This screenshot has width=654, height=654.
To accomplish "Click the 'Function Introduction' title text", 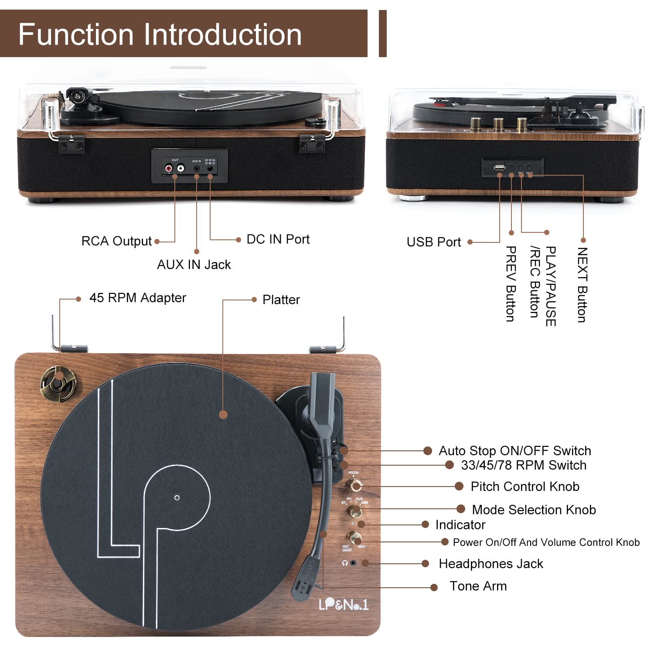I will click(x=160, y=34).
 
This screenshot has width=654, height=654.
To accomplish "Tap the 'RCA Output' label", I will click(x=116, y=241).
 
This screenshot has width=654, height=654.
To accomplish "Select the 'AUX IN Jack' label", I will click(x=194, y=265).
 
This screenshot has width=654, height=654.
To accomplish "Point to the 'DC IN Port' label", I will click(x=278, y=239).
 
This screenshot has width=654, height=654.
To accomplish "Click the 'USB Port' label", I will click(x=433, y=242).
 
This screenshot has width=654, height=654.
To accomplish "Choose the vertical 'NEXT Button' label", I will click(x=582, y=285).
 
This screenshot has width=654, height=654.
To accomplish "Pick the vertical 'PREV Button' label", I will click(x=511, y=284).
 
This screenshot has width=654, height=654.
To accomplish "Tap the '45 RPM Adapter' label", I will click(x=137, y=298).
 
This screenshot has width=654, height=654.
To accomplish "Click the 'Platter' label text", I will click(x=281, y=300).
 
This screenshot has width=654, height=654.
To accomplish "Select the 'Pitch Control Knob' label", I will click(x=525, y=487).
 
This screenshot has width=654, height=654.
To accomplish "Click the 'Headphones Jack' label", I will click(x=490, y=564).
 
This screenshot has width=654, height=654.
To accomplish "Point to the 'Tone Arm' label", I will click(x=478, y=586).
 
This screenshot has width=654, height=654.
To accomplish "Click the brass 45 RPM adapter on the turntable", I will click(x=58, y=383).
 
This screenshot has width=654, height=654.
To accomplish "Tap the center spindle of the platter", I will click(x=177, y=497).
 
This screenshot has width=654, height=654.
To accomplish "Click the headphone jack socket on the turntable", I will click(x=353, y=563).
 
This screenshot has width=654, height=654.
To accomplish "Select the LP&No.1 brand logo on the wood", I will click(x=343, y=604).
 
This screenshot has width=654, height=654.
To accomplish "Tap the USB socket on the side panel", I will click(x=500, y=167).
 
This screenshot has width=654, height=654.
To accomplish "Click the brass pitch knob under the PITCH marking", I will click(x=354, y=485).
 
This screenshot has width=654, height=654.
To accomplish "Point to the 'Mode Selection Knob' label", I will click(x=534, y=510).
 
